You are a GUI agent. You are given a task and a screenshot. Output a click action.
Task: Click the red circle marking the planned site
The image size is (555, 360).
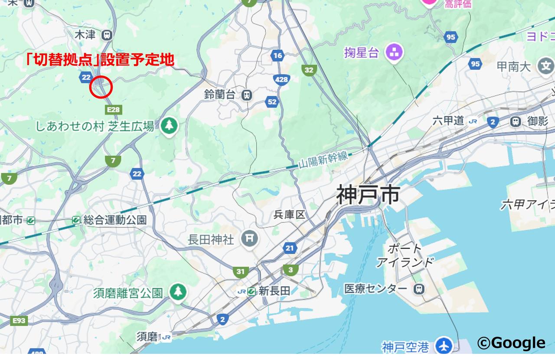(101, 87)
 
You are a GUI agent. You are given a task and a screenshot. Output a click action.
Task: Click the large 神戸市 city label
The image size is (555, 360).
(368, 195)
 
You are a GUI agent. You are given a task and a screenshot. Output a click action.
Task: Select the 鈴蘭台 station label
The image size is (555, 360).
(220, 95)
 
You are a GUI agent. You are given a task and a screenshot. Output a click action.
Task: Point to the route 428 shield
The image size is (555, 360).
(281, 79)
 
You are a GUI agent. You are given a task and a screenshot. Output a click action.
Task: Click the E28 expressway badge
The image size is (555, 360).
(113, 110)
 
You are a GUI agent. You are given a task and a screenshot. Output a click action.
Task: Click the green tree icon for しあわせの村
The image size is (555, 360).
(169, 126)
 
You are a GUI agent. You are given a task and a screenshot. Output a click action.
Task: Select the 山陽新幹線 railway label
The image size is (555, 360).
(323, 160)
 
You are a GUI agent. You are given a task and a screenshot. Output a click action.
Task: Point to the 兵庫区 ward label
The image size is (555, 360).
(289, 215)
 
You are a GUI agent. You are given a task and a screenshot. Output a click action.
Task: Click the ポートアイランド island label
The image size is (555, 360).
(405, 255)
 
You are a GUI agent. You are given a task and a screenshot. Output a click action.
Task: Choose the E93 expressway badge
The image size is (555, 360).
(19, 321)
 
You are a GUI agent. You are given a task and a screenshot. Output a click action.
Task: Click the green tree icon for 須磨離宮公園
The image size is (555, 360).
(177, 292)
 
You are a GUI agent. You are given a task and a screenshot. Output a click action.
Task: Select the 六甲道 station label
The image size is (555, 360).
(448, 121)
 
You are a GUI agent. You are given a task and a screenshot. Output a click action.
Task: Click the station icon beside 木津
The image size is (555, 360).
(106, 35)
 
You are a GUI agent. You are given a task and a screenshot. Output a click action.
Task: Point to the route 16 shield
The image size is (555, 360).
(277, 55)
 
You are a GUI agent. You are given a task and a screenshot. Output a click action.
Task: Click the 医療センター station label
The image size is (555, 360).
(375, 288)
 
